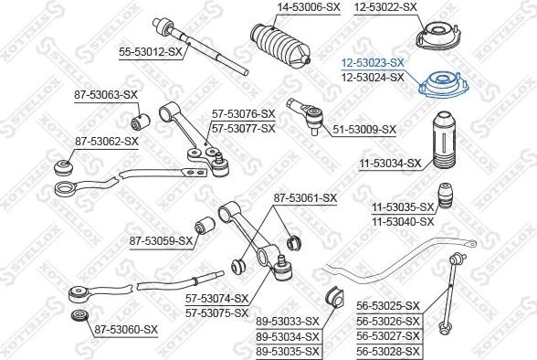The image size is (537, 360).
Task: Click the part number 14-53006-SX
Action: point(309,6)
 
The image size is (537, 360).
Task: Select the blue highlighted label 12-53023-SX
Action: point(373,63)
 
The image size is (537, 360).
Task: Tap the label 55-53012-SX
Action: point(151,52)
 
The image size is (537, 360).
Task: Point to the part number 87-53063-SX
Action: point(106,94)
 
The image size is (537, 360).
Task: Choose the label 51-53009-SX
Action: point(364,130)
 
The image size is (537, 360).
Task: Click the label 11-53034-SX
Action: point(390,163)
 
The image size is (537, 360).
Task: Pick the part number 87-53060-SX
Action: point(126,330)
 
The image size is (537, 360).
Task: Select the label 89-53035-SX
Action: point(288,351)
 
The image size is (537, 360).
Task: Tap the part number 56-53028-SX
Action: point(387,351)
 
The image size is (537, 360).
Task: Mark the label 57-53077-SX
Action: point(244,129)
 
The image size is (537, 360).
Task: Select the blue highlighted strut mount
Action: point(444,85)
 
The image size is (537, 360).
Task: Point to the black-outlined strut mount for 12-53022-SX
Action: point(438,37)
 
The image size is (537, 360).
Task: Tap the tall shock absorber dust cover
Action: point(444,140)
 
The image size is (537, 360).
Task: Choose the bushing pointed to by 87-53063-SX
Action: point(141,122)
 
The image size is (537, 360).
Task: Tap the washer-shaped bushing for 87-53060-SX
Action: point(80,315)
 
